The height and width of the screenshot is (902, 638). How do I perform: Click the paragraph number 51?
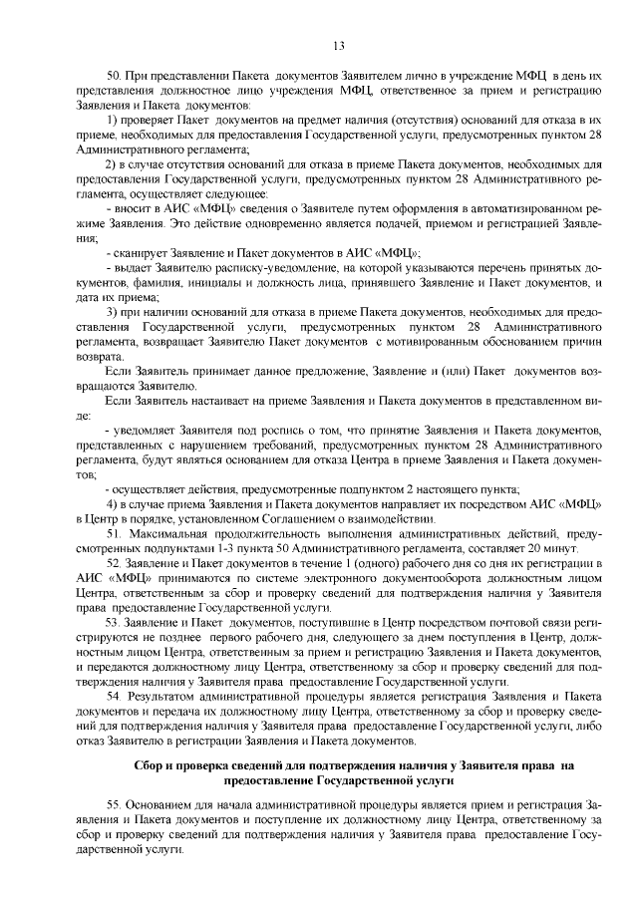point(112,535)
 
